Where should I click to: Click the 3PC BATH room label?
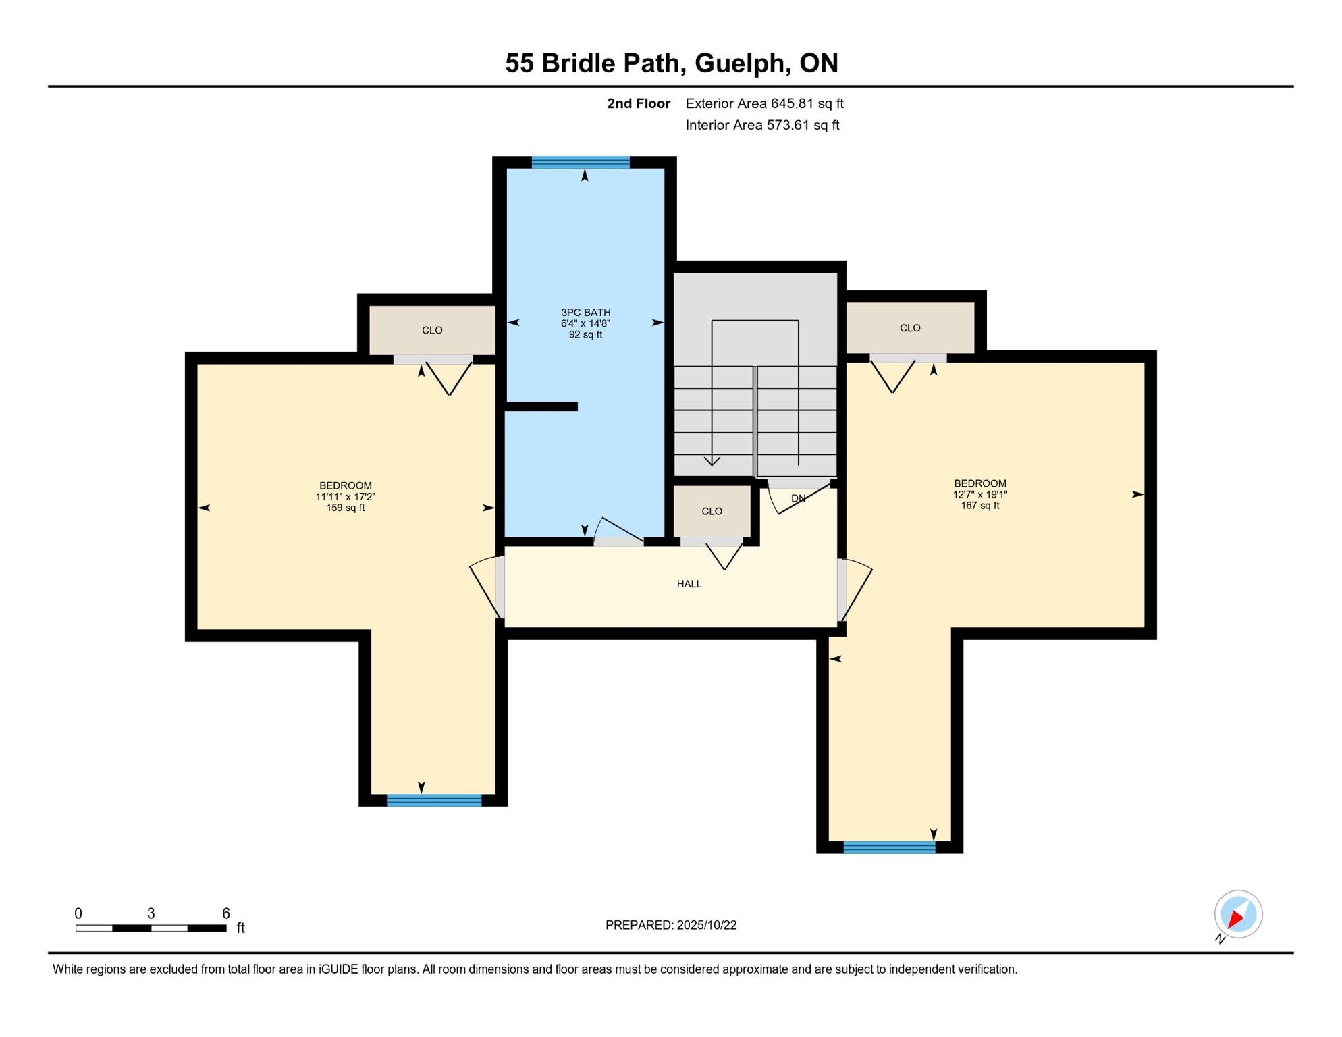pos(585,313)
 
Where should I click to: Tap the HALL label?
pos(689,584)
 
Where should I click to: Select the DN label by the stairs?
pos(798,499)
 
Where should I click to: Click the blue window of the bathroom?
pos(581,162)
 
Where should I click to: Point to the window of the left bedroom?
pos(434,801)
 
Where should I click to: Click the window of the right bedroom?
pos(889,848)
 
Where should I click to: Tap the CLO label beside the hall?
pos(712,512)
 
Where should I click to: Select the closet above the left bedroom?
pos(432,330)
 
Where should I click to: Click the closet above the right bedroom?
pos(909,328)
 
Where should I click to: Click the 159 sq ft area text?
pos(345,508)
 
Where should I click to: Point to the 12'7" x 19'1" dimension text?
pos(979,495)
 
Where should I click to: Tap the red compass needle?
pos(1236,919)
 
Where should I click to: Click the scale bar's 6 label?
pos(226,913)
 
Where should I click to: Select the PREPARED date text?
pos(670,926)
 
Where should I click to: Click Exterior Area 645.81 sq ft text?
pos(764,103)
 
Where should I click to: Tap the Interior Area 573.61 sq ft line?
pos(762,125)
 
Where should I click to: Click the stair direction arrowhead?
pos(712,462)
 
